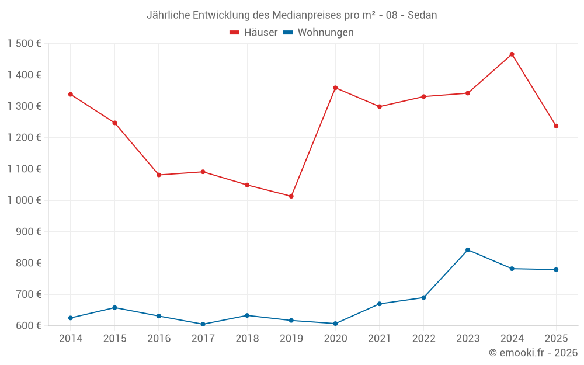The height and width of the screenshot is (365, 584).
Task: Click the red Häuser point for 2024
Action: (x=512, y=54)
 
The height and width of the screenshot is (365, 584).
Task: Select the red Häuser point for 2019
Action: (x=291, y=196)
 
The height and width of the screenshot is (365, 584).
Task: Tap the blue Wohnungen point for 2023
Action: (x=468, y=250)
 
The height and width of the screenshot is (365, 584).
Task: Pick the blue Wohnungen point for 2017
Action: (x=203, y=324)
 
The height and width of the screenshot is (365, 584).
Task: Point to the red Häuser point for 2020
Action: (x=335, y=88)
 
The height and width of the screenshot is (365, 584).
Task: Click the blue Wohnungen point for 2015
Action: (x=114, y=308)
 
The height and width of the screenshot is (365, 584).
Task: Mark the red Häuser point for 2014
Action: (x=71, y=94)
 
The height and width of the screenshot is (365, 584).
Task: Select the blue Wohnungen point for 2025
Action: (x=556, y=270)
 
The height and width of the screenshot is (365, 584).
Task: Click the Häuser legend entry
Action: (x=253, y=33)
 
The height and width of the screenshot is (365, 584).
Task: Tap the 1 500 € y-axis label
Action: (x=25, y=44)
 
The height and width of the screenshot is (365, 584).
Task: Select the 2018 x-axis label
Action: (x=247, y=339)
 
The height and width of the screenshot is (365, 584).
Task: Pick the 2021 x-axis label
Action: (x=380, y=339)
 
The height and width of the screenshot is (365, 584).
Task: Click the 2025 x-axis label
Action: (x=556, y=339)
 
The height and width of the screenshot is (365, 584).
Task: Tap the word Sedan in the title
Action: (x=422, y=15)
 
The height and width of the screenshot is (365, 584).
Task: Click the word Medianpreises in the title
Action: (x=304, y=15)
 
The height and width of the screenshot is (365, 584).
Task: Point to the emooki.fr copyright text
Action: (x=533, y=353)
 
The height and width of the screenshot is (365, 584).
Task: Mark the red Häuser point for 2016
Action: (x=159, y=175)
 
